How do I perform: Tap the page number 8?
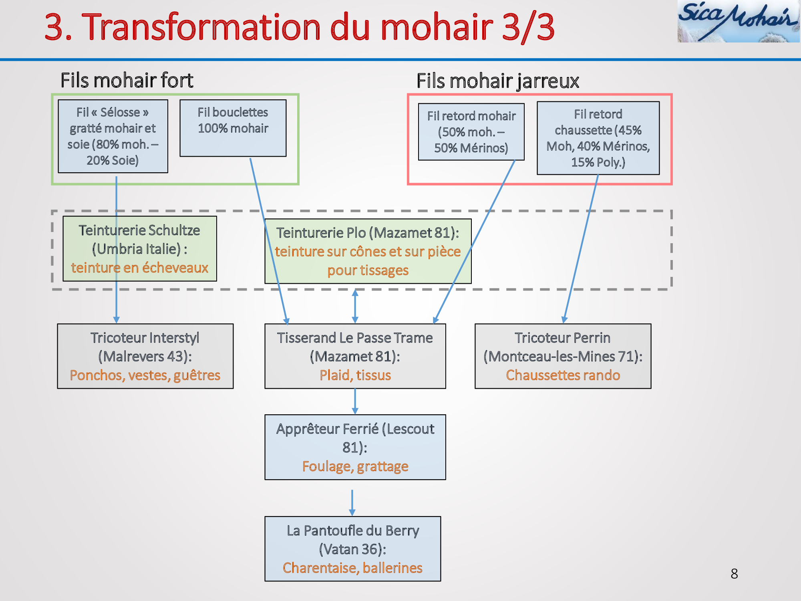(x=734, y=574)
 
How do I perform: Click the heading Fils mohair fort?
(x=127, y=80)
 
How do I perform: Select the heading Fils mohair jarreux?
(x=498, y=81)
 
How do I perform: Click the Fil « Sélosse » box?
(x=113, y=136)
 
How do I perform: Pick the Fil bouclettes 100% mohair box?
(x=233, y=128)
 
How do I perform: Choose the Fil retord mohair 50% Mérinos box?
(x=471, y=132)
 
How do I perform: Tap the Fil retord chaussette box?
(x=598, y=138)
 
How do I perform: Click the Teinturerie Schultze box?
(x=140, y=249)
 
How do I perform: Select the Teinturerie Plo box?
(x=368, y=251)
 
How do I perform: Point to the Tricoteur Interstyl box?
(x=145, y=356)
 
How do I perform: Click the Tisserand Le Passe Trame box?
(x=355, y=356)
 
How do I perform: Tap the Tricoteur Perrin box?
(x=563, y=356)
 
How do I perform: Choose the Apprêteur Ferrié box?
(x=355, y=447)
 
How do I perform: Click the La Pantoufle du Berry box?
(x=353, y=549)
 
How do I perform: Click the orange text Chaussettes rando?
(x=563, y=375)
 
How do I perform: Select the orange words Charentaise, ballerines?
(x=353, y=568)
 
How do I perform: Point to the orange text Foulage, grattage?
(x=355, y=466)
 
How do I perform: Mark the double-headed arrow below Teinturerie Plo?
(x=355, y=306)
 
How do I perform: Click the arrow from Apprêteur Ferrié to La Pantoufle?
(x=352, y=503)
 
